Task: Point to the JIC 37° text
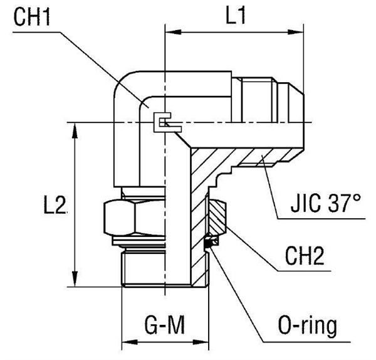click(326, 204)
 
